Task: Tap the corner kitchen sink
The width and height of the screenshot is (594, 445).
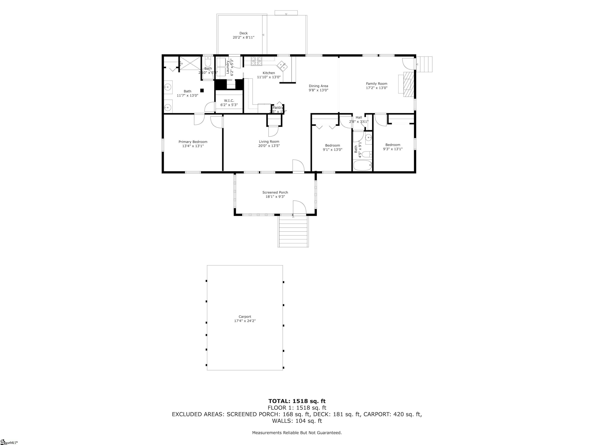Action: [x=282, y=66]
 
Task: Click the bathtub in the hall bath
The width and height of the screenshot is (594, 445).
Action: [x=363, y=166]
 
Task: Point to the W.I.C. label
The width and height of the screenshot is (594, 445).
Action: [x=229, y=101]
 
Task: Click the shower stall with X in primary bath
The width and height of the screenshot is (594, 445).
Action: [x=190, y=63]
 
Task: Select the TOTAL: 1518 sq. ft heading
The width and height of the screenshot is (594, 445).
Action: [x=297, y=401]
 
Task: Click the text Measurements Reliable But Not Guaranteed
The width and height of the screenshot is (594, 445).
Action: [x=297, y=432]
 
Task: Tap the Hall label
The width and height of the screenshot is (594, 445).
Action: [x=359, y=117]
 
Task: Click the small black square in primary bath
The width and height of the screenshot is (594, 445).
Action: [x=202, y=91]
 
